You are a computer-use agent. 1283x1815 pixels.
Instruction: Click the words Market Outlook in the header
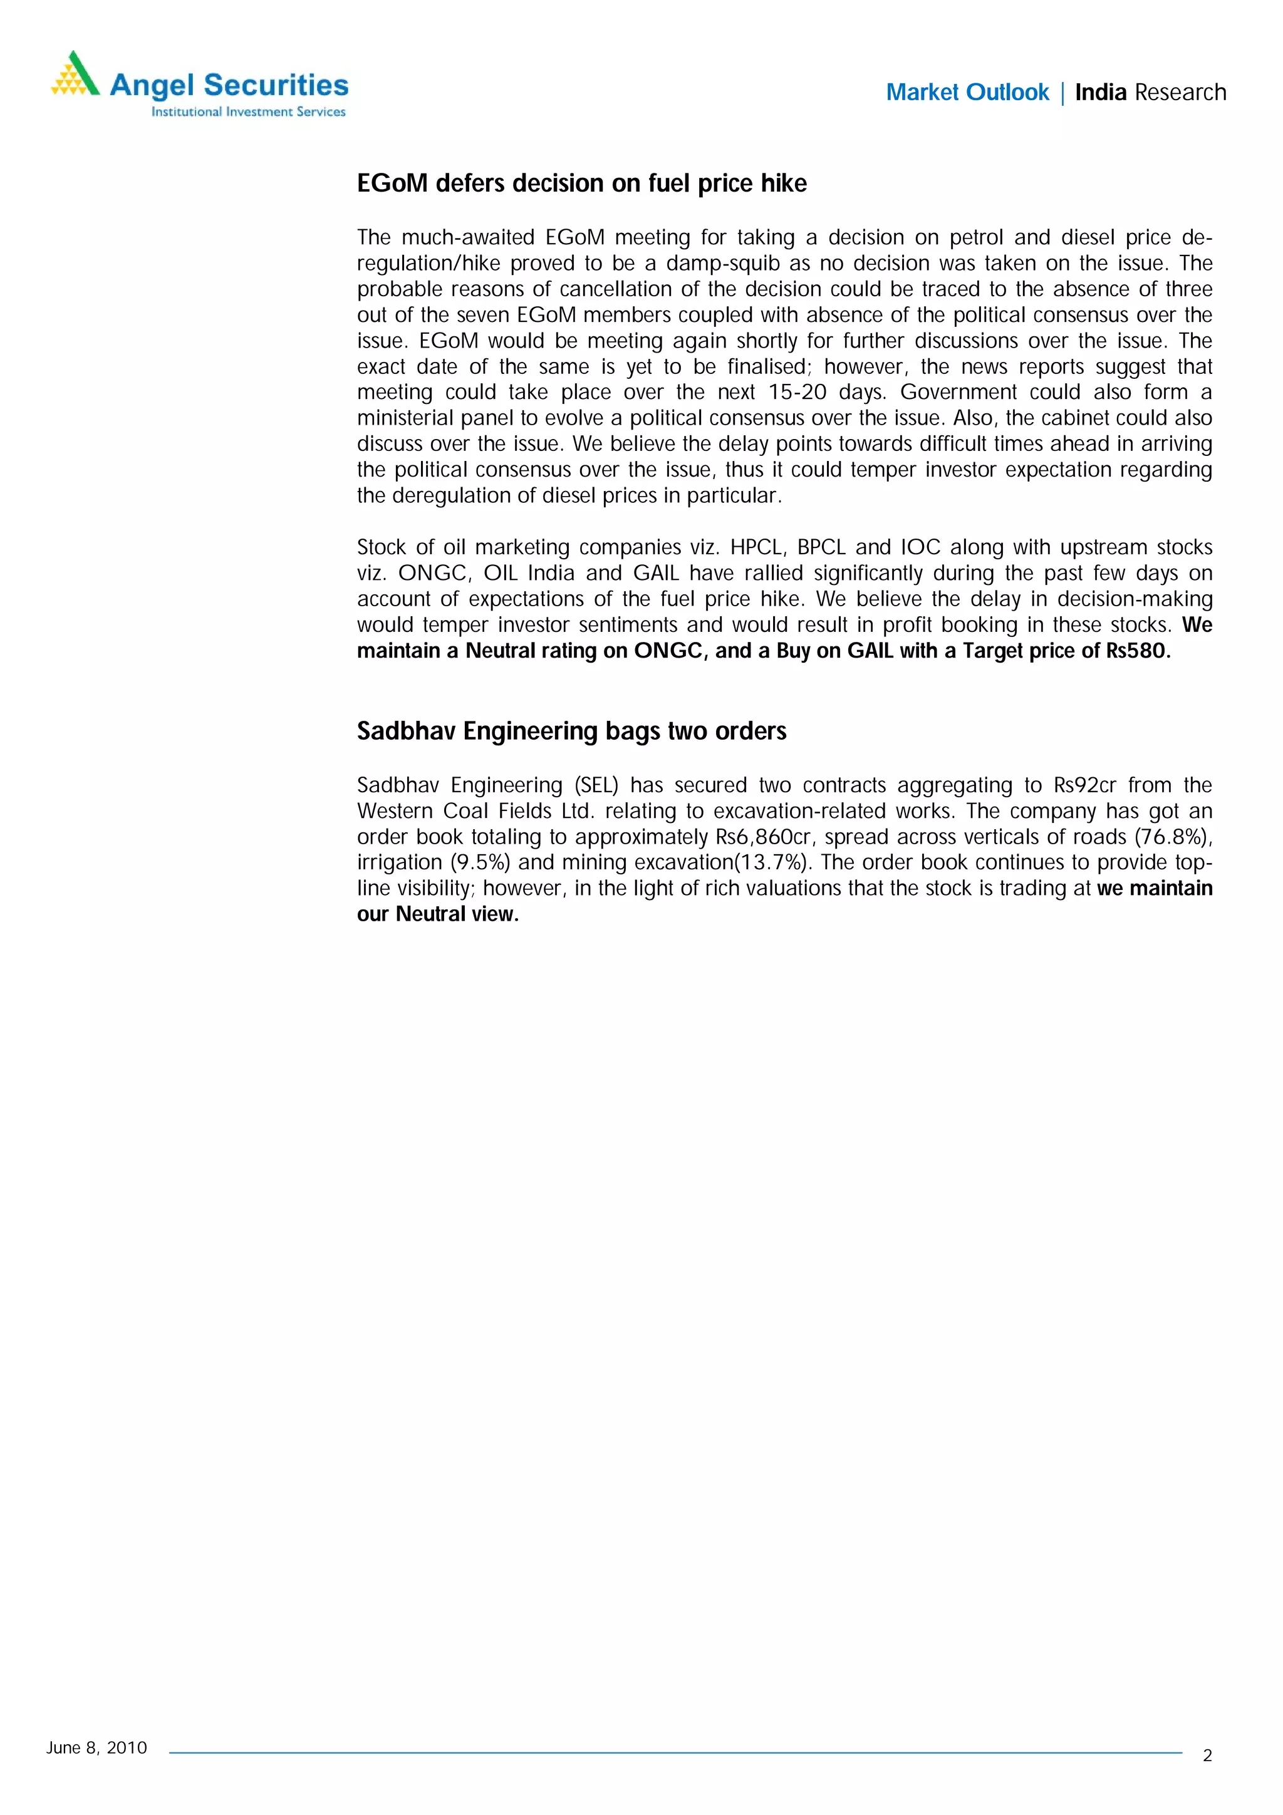967,93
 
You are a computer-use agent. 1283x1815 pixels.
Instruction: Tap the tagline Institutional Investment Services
248,112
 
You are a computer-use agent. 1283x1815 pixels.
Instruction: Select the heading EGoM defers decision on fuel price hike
582,184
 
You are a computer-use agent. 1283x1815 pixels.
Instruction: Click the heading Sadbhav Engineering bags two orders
571,732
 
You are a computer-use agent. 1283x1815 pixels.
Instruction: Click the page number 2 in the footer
1207,1756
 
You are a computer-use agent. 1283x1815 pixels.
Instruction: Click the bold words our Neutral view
438,914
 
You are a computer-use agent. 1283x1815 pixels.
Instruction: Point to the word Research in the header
1180,93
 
